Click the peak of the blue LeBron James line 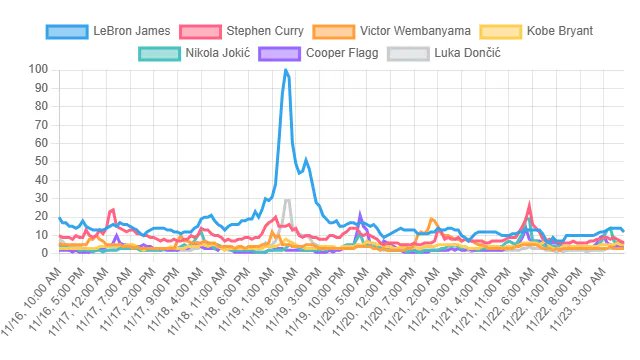pos(286,70)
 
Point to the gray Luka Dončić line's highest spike pos(288,200)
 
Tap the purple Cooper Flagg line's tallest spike pos(359,214)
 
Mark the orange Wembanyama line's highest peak pos(431,219)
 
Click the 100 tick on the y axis pos(40,70)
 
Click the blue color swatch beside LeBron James pos(67,31)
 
